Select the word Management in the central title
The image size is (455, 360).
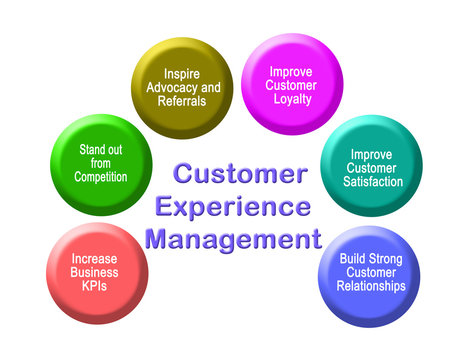[x=232, y=241]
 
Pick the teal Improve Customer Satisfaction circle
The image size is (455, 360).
[x=370, y=166]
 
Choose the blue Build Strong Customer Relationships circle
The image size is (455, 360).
[x=370, y=272]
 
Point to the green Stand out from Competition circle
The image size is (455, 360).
[x=100, y=163]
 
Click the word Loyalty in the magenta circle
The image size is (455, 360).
[x=291, y=100]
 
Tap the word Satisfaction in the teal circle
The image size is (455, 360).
[x=371, y=181]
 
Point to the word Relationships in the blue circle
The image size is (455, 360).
[x=372, y=286]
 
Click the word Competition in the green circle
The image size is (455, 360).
[x=101, y=177]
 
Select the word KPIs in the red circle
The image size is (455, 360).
[x=96, y=286]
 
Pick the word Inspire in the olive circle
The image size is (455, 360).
[x=183, y=73]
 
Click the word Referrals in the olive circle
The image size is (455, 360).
[x=183, y=101]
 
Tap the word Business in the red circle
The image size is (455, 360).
[x=96, y=272]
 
